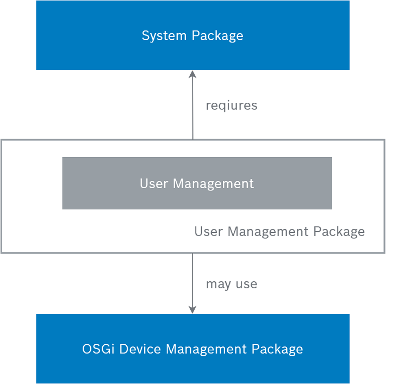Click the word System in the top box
[164, 36]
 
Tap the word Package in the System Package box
[217, 36]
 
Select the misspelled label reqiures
[232, 106]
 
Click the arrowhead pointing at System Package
[192, 74]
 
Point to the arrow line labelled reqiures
[192, 105]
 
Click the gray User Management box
[197, 183]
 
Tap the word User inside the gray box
[154, 183]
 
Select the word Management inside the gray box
[213, 184]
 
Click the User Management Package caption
[279, 232]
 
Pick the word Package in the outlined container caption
[339, 232]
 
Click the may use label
[232, 284]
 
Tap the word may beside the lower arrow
[219, 285]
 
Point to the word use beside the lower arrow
[246, 284]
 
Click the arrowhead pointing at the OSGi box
[192, 310]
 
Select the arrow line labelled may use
[192, 283]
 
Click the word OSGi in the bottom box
[98, 349]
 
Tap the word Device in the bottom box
[140, 349]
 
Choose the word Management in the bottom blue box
[206, 350]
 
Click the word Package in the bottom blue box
[277, 350]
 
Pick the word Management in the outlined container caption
[268, 232]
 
